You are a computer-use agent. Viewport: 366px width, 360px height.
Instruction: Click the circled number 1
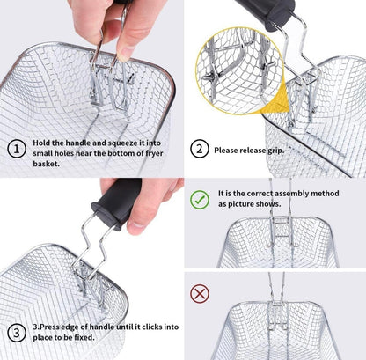[17, 149]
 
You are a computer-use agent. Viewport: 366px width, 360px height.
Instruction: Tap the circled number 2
[200, 149]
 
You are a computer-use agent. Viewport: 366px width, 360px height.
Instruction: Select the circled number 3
[17, 333]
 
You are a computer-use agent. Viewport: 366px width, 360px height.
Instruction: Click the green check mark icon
[200, 200]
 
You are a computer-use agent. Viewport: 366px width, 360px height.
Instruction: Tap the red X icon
[200, 293]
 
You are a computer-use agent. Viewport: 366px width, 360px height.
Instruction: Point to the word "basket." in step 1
[46, 164]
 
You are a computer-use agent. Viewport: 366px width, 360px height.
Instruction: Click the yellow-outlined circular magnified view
[239, 70]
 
